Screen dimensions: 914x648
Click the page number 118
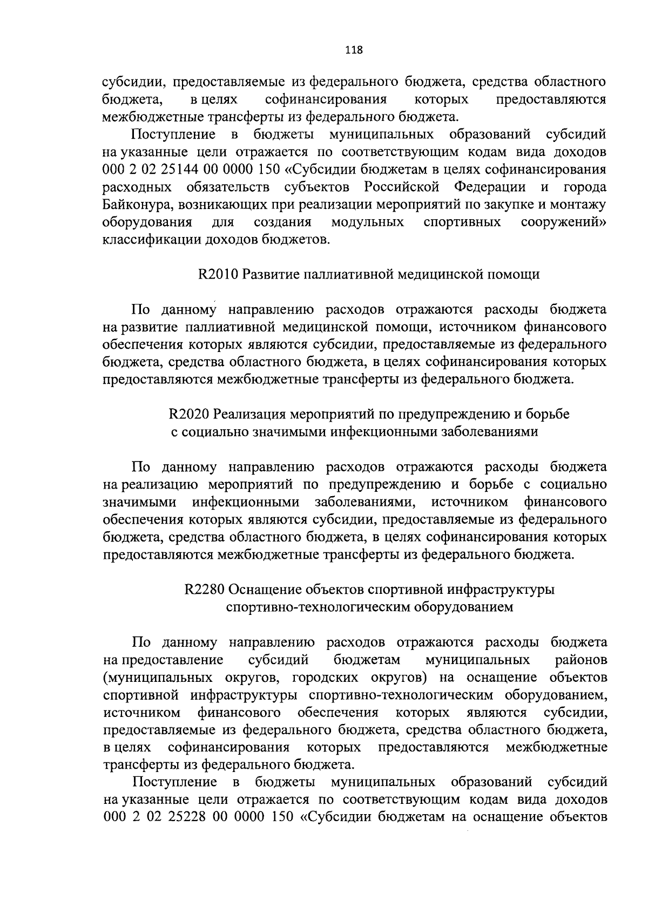[x=354, y=51]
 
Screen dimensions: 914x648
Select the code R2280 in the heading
[x=205, y=590]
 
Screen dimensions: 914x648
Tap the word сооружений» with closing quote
[x=563, y=222]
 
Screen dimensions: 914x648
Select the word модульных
[x=367, y=222]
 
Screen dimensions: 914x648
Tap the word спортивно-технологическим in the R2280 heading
[x=319, y=607]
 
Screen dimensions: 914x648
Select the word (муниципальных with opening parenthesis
[x=145, y=678]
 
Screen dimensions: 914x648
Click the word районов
[x=580, y=660]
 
